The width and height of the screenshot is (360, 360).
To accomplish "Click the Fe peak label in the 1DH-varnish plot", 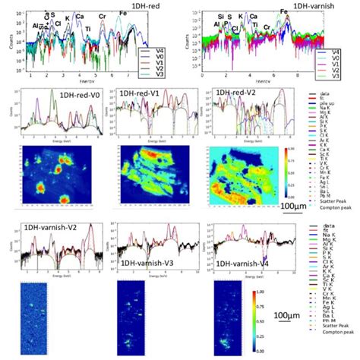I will [283, 12].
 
